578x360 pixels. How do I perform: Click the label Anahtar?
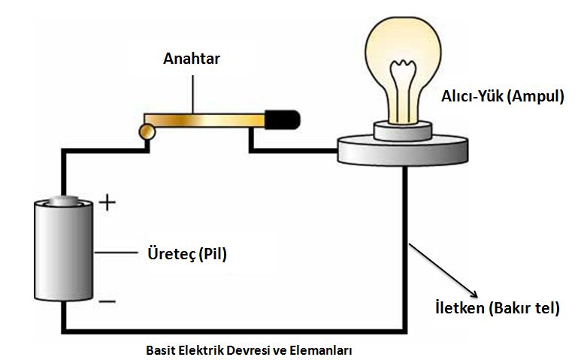click(192, 59)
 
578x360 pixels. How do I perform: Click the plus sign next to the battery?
click(107, 203)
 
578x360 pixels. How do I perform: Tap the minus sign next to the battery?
click(107, 301)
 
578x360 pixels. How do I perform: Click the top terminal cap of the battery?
click(65, 201)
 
